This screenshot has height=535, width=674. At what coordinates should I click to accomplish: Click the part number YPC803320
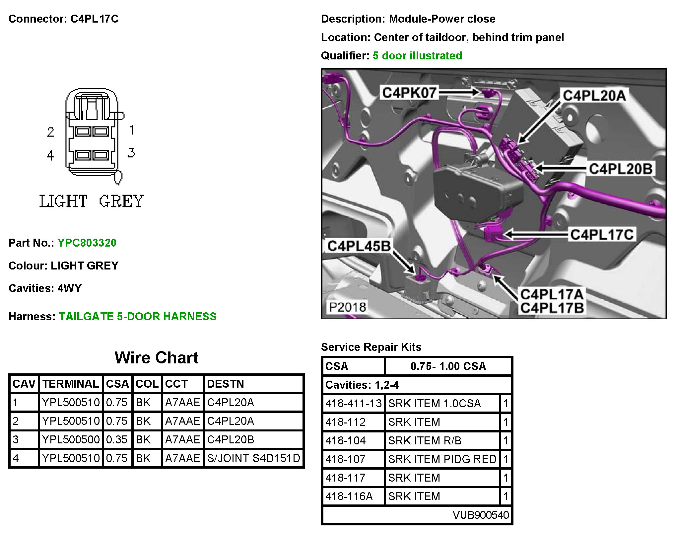87,243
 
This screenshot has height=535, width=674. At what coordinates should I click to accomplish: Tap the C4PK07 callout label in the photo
409,93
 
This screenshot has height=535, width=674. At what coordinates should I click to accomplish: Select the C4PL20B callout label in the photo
620,169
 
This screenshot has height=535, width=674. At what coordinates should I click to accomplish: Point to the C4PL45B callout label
359,246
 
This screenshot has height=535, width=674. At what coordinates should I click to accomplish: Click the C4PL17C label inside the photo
602,234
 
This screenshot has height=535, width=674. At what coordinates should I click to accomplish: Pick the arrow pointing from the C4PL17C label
536,234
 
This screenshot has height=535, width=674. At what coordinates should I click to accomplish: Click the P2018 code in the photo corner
347,307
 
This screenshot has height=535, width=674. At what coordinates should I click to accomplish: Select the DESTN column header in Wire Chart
225,384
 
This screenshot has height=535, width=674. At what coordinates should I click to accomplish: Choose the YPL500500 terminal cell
71,439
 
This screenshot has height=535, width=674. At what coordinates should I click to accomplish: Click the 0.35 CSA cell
117,439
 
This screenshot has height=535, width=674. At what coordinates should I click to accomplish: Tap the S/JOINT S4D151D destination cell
253,458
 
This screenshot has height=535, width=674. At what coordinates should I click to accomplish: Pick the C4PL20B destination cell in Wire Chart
231,439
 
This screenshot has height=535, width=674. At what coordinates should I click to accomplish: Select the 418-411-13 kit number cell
353,403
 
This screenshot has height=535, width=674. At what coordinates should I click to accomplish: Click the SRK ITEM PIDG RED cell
442,459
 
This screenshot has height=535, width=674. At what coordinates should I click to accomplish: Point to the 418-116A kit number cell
349,496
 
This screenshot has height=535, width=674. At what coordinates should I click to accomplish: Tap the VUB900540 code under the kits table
481,515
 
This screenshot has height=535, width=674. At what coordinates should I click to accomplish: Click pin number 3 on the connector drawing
131,153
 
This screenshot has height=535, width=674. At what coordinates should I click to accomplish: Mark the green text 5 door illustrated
417,55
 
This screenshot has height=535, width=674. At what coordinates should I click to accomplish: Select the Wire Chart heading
157,358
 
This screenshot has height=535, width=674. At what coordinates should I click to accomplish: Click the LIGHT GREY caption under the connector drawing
92,201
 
